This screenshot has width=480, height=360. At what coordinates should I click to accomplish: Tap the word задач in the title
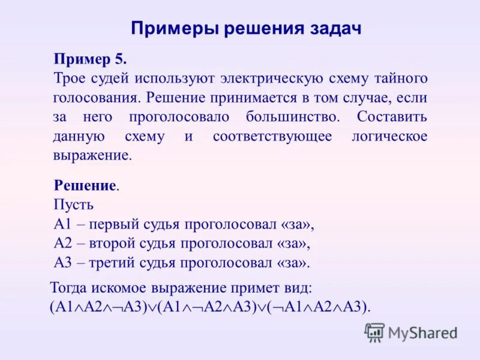click(338, 29)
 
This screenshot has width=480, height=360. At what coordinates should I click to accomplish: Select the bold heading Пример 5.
click(90, 59)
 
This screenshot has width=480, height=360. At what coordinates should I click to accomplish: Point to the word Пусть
click(73, 204)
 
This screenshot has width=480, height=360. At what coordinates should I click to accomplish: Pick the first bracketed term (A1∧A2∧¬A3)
click(99, 307)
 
